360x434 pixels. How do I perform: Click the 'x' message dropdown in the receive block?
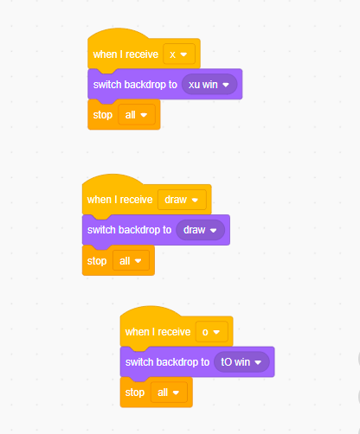[x=179, y=54]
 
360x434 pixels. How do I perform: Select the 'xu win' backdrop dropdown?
[x=209, y=85]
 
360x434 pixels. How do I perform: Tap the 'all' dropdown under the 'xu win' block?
[x=137, y=115]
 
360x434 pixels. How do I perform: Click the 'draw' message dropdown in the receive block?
[x=182, y=200]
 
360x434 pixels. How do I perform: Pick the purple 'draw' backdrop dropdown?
[x=201, y=230]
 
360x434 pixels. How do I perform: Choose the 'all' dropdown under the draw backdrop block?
[x=131, y=260]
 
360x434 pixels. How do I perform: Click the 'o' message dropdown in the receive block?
[x=211, y=332]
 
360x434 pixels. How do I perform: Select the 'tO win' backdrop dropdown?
[x=241, y=362]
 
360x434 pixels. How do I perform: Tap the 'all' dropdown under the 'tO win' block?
[x=169, y=393]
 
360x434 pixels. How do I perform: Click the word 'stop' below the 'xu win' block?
[x=103, y=115]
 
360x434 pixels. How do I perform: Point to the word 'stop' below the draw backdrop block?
[x=97, y=261]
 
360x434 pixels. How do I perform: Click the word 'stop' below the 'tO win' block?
[x=135, y=393]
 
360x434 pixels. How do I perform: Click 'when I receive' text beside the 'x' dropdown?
[x=125, y=54]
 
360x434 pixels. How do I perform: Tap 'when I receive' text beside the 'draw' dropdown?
[x=120, y=200]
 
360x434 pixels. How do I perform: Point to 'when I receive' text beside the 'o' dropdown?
[x=158, y=332]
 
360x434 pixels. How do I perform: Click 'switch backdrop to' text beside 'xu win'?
[x=135, y=85]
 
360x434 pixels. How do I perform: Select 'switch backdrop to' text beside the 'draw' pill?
[x=129, y=230]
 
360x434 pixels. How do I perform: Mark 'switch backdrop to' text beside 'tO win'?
[x=167, y=362]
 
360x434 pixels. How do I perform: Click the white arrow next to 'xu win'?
[x=226, y=85]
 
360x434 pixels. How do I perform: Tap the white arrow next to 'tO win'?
[x=258, y=362]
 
